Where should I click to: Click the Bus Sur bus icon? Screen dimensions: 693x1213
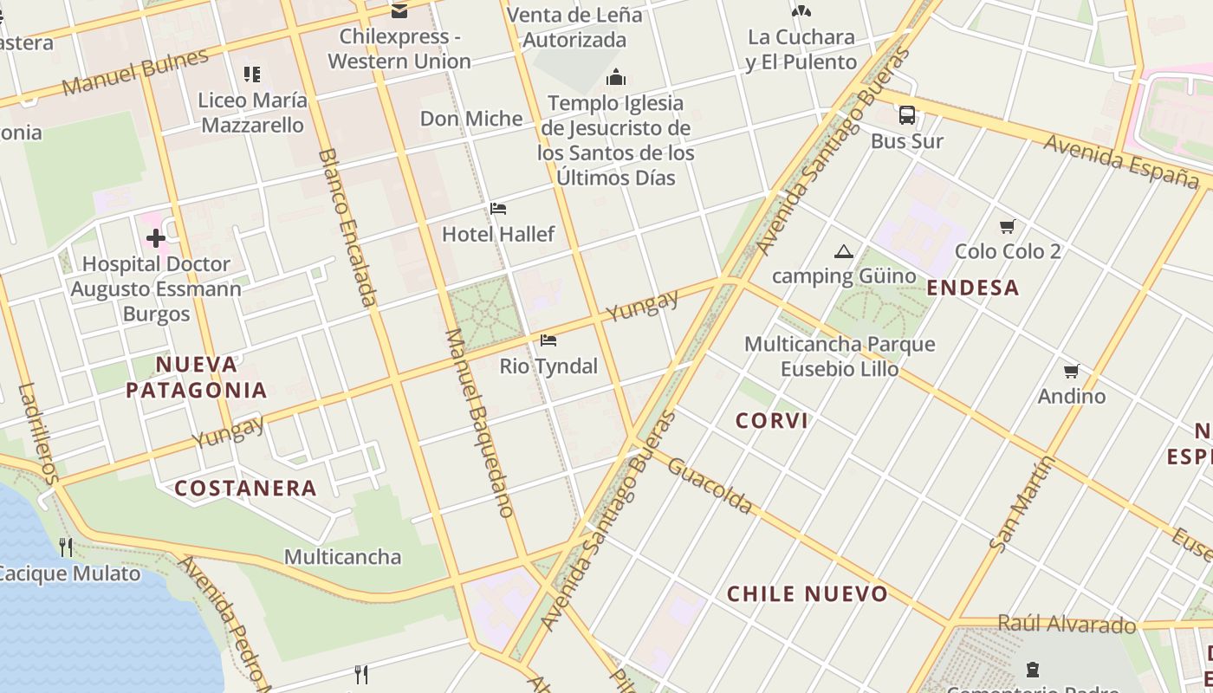[906, 114]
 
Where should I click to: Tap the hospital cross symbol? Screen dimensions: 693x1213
[156, 237]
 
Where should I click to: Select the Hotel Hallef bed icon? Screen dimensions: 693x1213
[498, 209]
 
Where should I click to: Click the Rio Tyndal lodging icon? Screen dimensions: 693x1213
[548, 340]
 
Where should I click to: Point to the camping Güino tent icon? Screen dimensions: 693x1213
[843, 252]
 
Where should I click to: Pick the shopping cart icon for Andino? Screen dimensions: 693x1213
[1072, 372]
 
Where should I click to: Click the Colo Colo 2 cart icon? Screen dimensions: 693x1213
[1007, 227]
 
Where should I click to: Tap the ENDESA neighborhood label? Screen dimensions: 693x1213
[972, 288]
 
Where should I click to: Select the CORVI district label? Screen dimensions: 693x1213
[772, 421]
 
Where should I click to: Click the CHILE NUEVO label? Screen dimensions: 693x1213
[808, 594]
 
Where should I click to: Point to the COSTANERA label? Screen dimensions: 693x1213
[246, 489]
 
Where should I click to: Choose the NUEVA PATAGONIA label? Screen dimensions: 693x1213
[197, 377]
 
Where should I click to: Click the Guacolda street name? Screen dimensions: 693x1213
[710, 486]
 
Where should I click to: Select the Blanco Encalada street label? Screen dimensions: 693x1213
[347, 228]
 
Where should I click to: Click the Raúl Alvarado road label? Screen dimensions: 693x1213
[1067, 624]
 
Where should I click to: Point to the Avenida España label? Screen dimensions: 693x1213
[1121, 161]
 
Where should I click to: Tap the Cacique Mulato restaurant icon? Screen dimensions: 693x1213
[66, 547]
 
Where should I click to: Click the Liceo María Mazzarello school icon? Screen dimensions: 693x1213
[252, 74]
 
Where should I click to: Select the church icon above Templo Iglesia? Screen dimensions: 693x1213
[616, 78]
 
